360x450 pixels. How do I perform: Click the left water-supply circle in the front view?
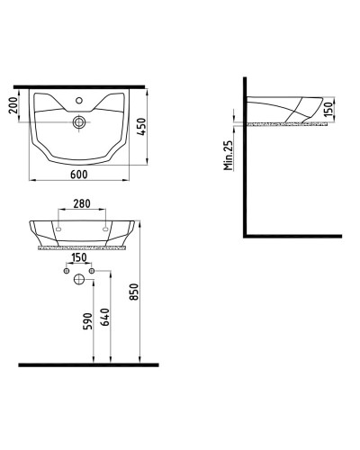coord(67,270)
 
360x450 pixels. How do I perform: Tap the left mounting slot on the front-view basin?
coord(58,230)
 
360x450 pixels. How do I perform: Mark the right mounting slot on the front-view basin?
coord(106,230)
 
